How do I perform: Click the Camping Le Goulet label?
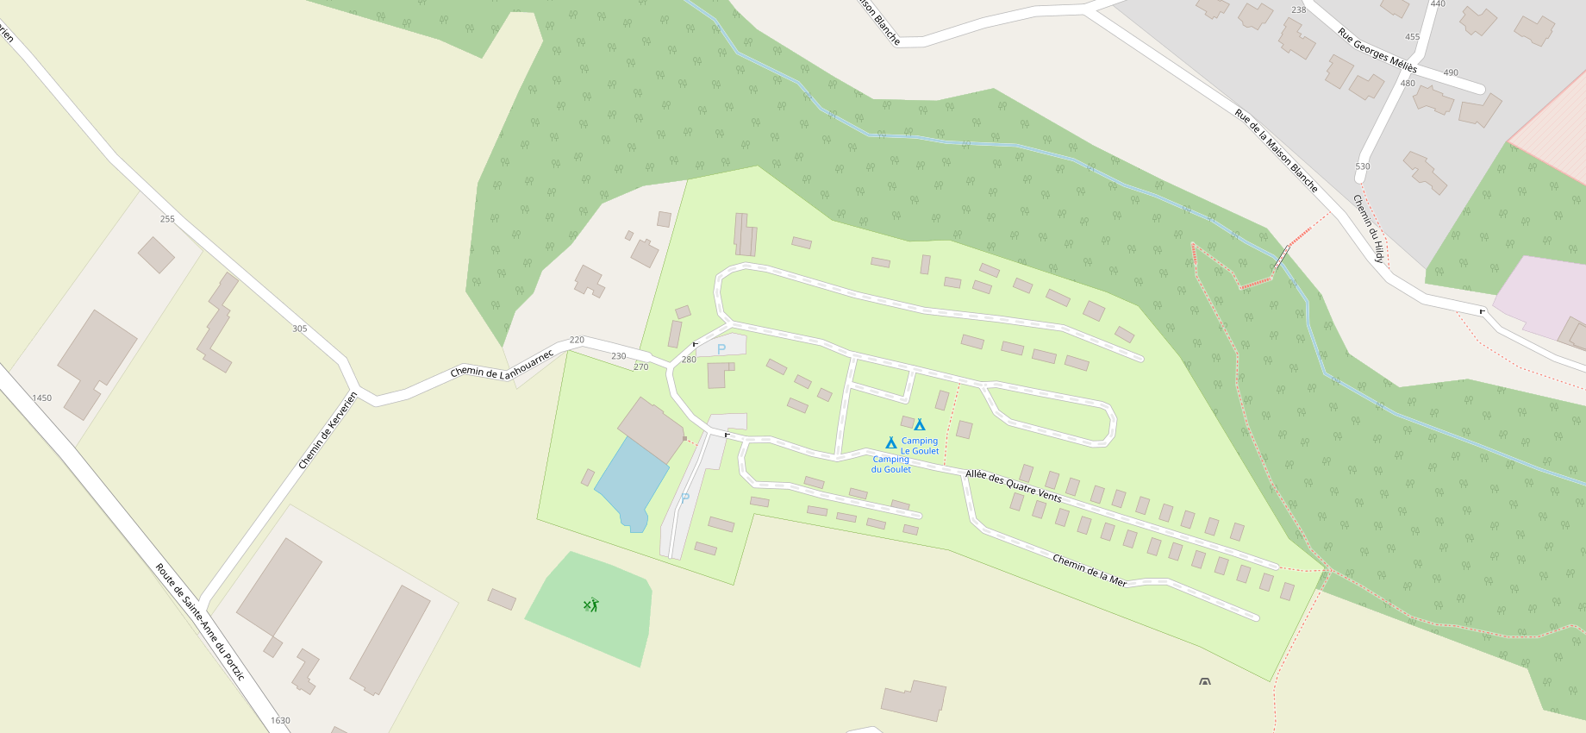point(920,446)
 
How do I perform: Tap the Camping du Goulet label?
point(891,464)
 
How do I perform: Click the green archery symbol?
point(590,605)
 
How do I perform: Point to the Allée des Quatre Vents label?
point(1014,486)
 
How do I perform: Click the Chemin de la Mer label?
point(1090,571)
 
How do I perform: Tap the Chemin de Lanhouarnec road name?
point(502,365)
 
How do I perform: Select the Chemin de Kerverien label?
point(328,430)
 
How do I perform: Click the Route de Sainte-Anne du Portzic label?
point(200,621)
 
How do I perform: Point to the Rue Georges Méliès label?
point(1377,50)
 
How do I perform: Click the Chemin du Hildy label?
point(1369,229)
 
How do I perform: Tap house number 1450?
point(42,398)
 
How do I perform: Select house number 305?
point(300,329)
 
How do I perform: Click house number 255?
point(167,219)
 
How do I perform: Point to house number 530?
point(1363,166)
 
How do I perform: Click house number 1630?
point(280,720)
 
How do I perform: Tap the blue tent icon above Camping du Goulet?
point(891,442)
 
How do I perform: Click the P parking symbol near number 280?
point(721,349)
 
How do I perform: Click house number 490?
point(1451,72)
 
